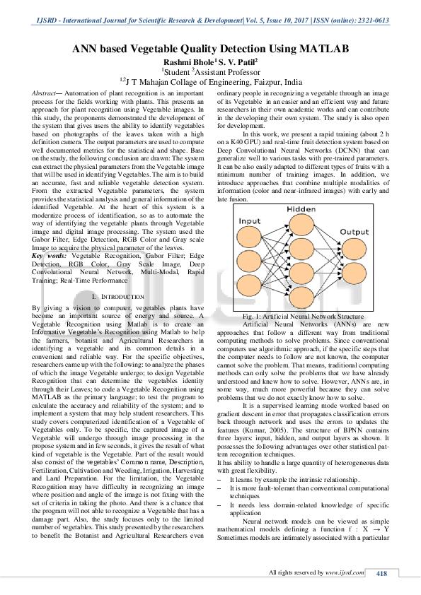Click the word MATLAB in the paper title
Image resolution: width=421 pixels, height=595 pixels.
(324, 49)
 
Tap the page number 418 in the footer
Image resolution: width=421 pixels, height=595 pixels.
(381, 573)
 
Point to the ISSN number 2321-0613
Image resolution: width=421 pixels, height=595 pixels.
(374, 20)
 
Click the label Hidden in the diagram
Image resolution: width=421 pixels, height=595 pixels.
(301, 209)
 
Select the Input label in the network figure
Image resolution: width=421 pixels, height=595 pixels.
(250, 221)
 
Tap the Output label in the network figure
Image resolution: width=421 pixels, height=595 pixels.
(354, 232)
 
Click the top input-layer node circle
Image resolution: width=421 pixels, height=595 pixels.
(249, 237)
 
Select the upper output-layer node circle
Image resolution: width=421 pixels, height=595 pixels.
(354, 249)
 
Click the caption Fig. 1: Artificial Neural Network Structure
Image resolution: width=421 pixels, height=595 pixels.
(304, 316)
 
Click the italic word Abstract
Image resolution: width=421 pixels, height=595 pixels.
(44, 93)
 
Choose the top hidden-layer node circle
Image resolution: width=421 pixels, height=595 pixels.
(301, 225)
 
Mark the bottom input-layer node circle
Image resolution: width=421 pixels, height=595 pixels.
(249, 285)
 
